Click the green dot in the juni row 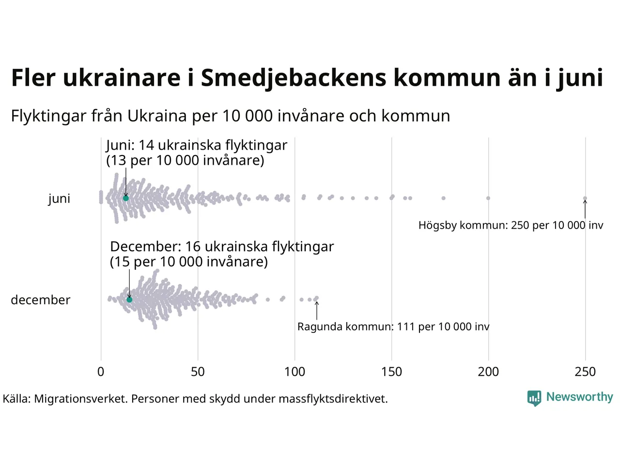click(126, 198)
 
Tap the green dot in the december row click(129, 300)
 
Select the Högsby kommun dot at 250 click(585, 198)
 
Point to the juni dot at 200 click(488, 198)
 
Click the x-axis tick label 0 click(101, 372)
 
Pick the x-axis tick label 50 click(198, 372)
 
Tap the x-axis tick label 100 click(294, 372)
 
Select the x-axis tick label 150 click(391, 372)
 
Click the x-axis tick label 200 click(488, 372)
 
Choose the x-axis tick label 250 click(585, 372)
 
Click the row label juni click(59, 199)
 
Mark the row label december click(41, 300)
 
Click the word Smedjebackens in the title click(294, 78)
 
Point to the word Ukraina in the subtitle click(157, 116)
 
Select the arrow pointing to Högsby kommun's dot click(585, 210)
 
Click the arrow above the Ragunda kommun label click(317, 310)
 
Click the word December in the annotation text click(145, 247)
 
